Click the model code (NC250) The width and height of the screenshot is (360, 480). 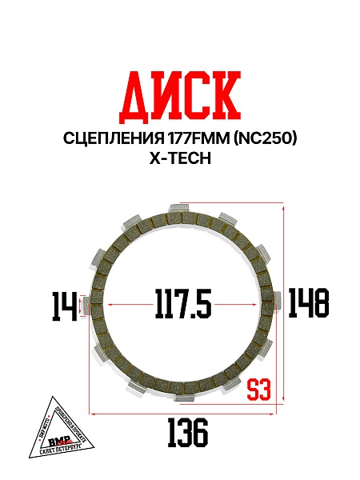(x=266, y=139)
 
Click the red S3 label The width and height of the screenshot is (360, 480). (x=258, y=390)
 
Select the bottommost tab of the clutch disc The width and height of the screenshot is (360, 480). (x=183, y=399)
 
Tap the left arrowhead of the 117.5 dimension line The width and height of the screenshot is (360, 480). (x=110, y=305)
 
